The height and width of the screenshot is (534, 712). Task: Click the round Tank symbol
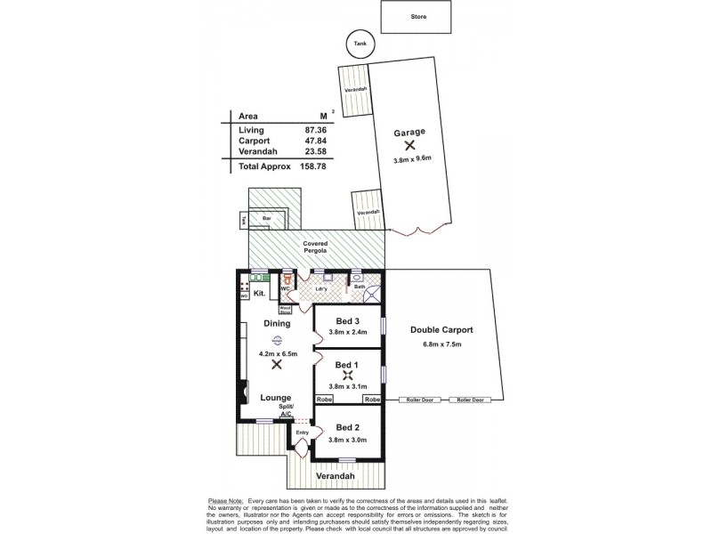point(360,44)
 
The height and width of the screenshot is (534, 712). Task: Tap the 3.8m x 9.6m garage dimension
point(411,160)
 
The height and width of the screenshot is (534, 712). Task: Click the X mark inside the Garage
point(409,146)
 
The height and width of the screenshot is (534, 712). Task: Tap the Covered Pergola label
point(315,247)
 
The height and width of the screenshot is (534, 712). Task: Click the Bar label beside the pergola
point(265,216)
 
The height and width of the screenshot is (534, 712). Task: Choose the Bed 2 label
point(347,427)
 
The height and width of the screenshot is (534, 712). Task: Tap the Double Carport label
point(441,330)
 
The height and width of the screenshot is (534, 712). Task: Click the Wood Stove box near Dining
point(287,311)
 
